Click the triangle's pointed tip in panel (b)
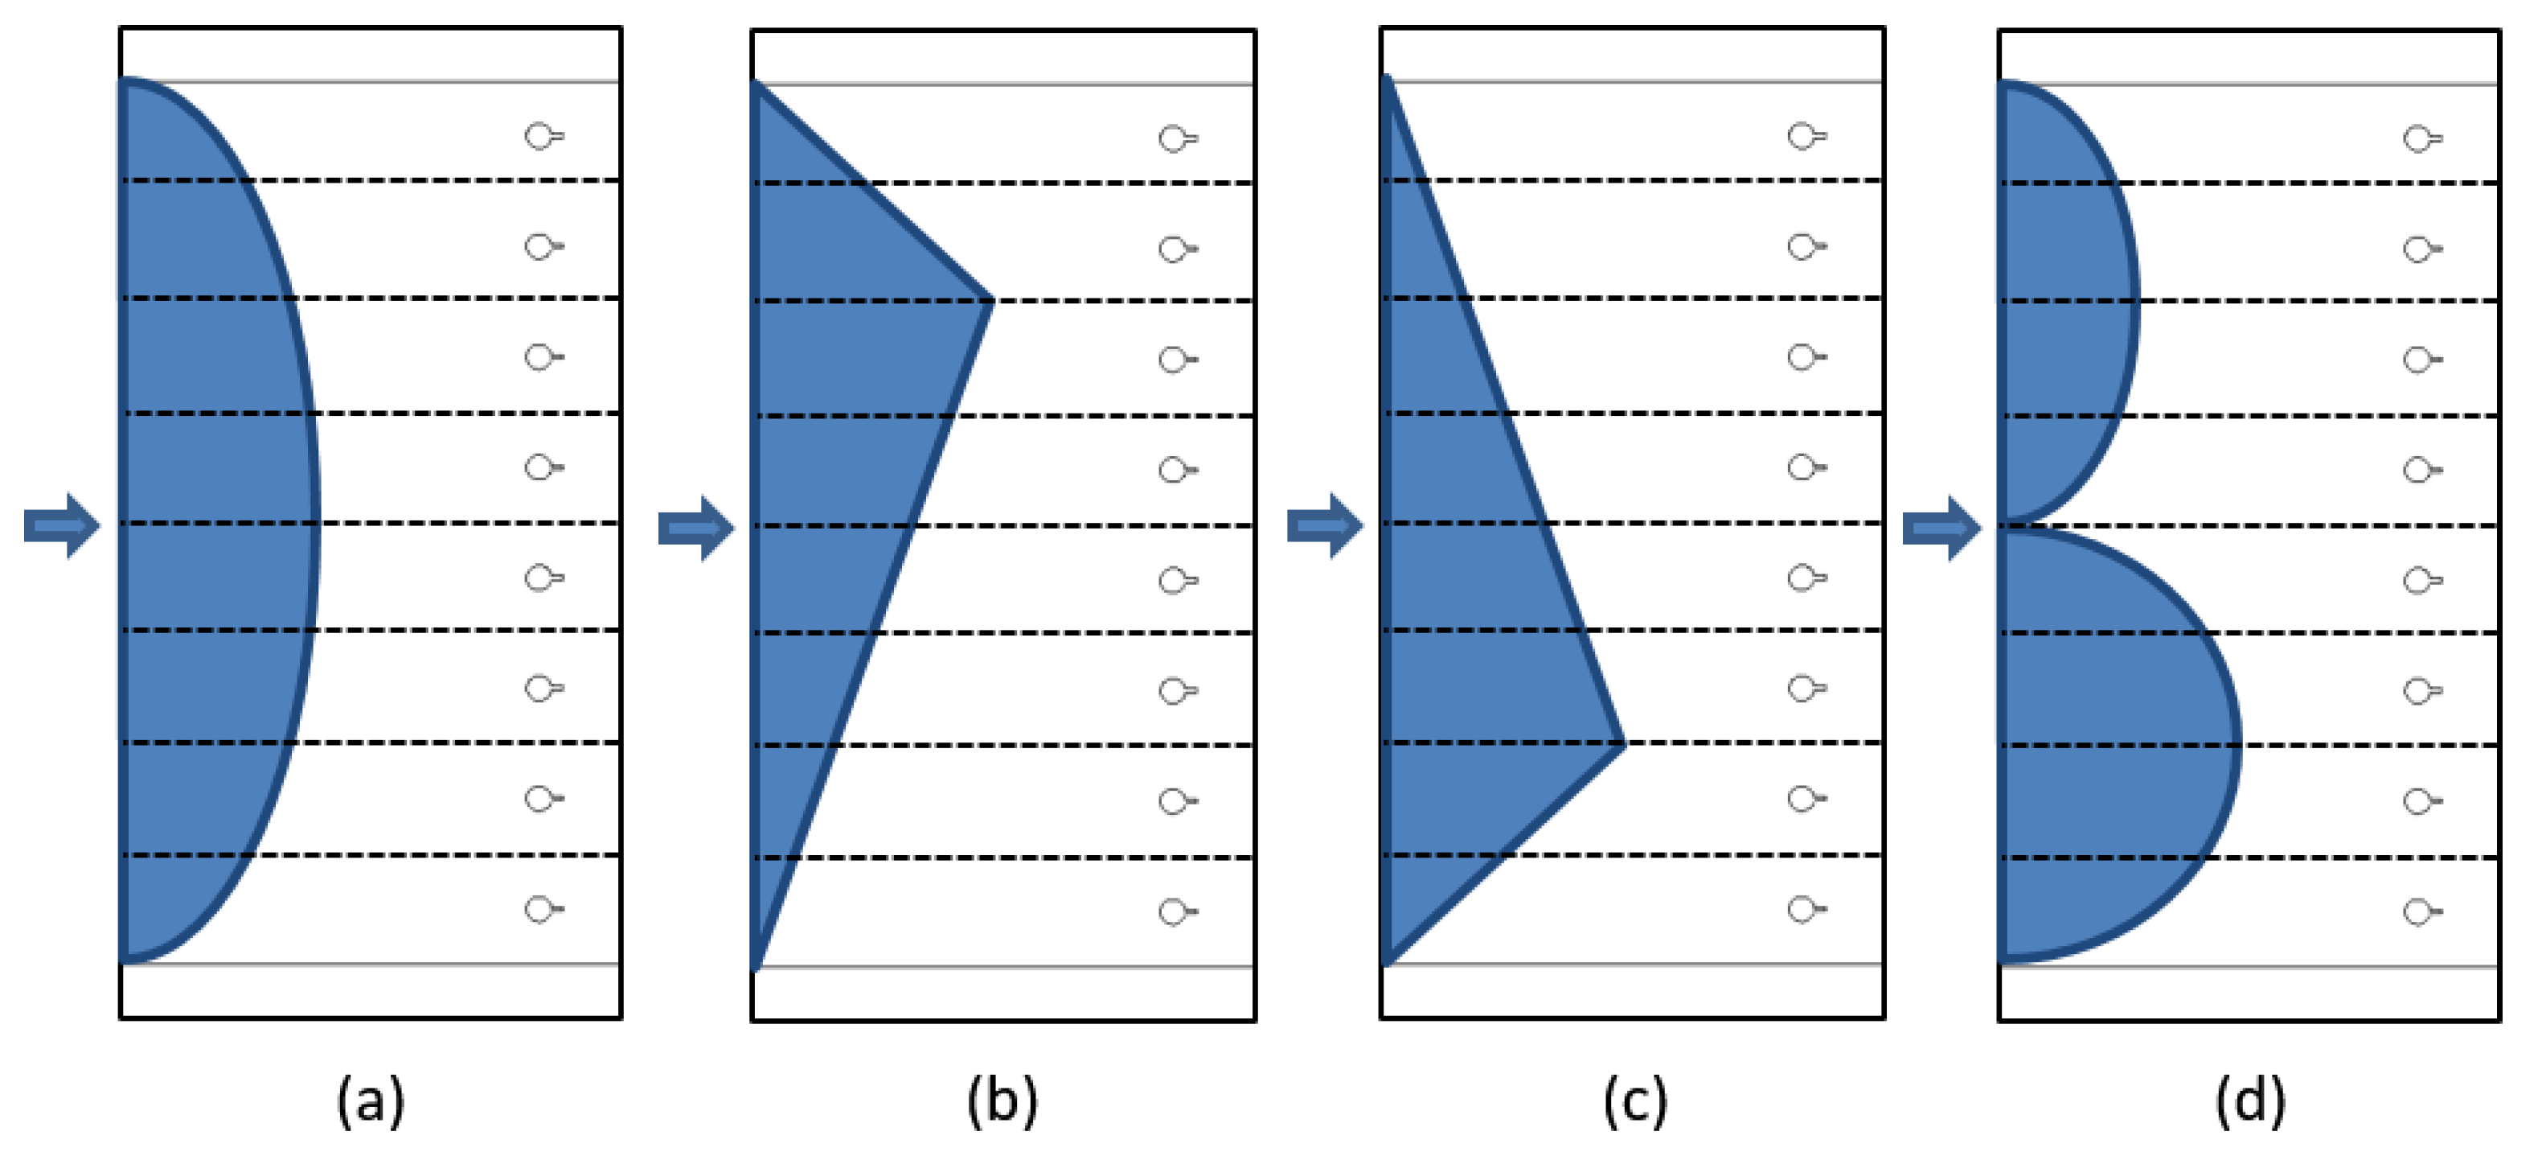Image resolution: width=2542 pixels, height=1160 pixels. (989, 301)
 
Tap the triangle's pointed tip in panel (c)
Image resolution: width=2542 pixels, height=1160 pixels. (1621, 744)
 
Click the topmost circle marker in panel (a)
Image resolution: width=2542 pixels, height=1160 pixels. (542, 136)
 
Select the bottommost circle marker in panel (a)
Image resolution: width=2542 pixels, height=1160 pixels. (542, 909)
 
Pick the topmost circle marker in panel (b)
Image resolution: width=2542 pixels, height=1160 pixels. (1175, 139)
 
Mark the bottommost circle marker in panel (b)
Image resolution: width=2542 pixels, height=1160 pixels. (1175, 912)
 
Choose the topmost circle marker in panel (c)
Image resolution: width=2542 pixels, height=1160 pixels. (1805, 136)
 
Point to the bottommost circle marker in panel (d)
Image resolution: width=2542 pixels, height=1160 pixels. (2421, 912)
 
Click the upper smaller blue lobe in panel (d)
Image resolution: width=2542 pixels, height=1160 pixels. (2062, 301)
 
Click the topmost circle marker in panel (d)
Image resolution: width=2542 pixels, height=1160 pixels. (2421, 139)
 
